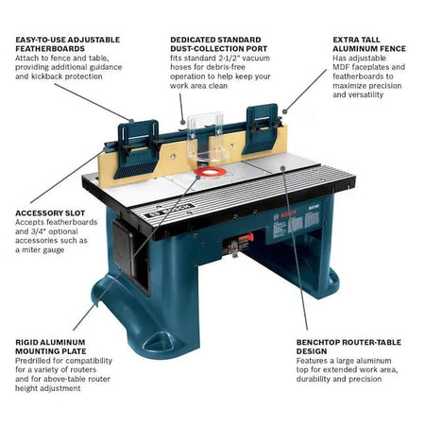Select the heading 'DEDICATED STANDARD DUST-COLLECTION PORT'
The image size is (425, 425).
coord(220,46)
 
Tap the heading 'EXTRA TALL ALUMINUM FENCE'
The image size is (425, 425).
coord(365,46)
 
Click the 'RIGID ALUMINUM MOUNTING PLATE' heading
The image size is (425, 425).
coord(51,345)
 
